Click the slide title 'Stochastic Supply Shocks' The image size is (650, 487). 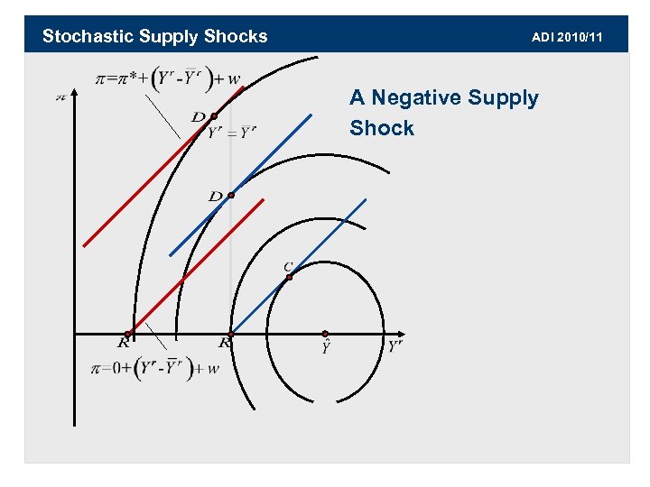point(154,36)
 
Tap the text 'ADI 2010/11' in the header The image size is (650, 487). point(567,37)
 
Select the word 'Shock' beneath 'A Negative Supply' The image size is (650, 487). point(381,128)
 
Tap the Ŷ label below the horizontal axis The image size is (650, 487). point(325,348)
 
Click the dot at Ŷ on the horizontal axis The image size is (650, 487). point(325,334)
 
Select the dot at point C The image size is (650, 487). point(289,277)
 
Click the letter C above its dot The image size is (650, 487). point(287,266)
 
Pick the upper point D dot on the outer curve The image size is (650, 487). point(213,116)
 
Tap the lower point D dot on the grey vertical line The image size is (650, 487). point(231,195)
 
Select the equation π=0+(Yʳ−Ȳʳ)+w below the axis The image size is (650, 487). point(156,368)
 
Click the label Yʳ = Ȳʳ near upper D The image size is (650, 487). point(232,133)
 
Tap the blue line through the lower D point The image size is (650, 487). point(262,163)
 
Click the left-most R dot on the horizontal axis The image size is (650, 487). point(127,335)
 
